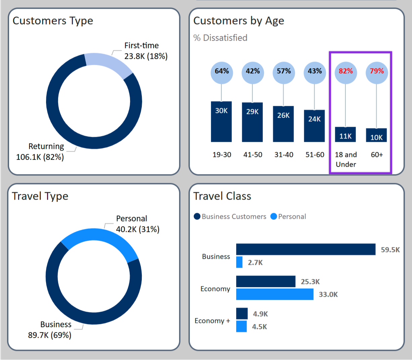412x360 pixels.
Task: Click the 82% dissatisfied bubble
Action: coord(346,72)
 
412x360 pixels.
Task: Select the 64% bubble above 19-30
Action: coord(222,72)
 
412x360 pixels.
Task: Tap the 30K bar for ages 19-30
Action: coord(221,122)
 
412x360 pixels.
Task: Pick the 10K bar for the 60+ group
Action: coord(376,135)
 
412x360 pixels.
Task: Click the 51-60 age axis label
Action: coord(315,155)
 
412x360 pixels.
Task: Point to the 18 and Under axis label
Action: coord(346,159)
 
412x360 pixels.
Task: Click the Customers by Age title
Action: coord(239,21)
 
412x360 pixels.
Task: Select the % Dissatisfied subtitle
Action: coord(220,38)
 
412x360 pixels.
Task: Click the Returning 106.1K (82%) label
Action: coord(40,152)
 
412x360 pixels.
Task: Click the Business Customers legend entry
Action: coord(230,217)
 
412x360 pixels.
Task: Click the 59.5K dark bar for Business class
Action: coord(305,249)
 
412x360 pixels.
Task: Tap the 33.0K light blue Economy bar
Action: coord(275,294)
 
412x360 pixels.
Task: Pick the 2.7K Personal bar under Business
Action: coord(239,262)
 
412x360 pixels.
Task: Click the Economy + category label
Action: coord(212,321)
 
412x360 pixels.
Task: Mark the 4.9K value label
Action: coord(260,314)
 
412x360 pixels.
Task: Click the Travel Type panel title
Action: coord(40,196)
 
